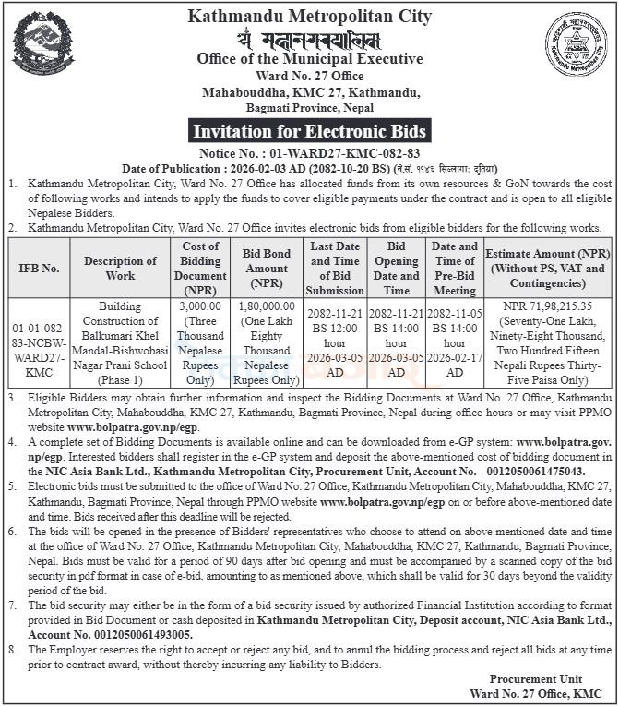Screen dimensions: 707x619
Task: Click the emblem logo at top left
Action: pos(43,43)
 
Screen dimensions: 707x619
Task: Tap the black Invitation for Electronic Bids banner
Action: pos(309,129)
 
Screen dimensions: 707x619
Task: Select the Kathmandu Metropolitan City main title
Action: pos(309,16)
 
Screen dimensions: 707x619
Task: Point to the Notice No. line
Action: pos(309,152)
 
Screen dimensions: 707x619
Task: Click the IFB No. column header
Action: pos(39,267)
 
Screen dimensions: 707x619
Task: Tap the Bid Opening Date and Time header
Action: pos(397,267)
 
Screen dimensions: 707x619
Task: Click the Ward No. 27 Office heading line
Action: pos(309,77)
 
